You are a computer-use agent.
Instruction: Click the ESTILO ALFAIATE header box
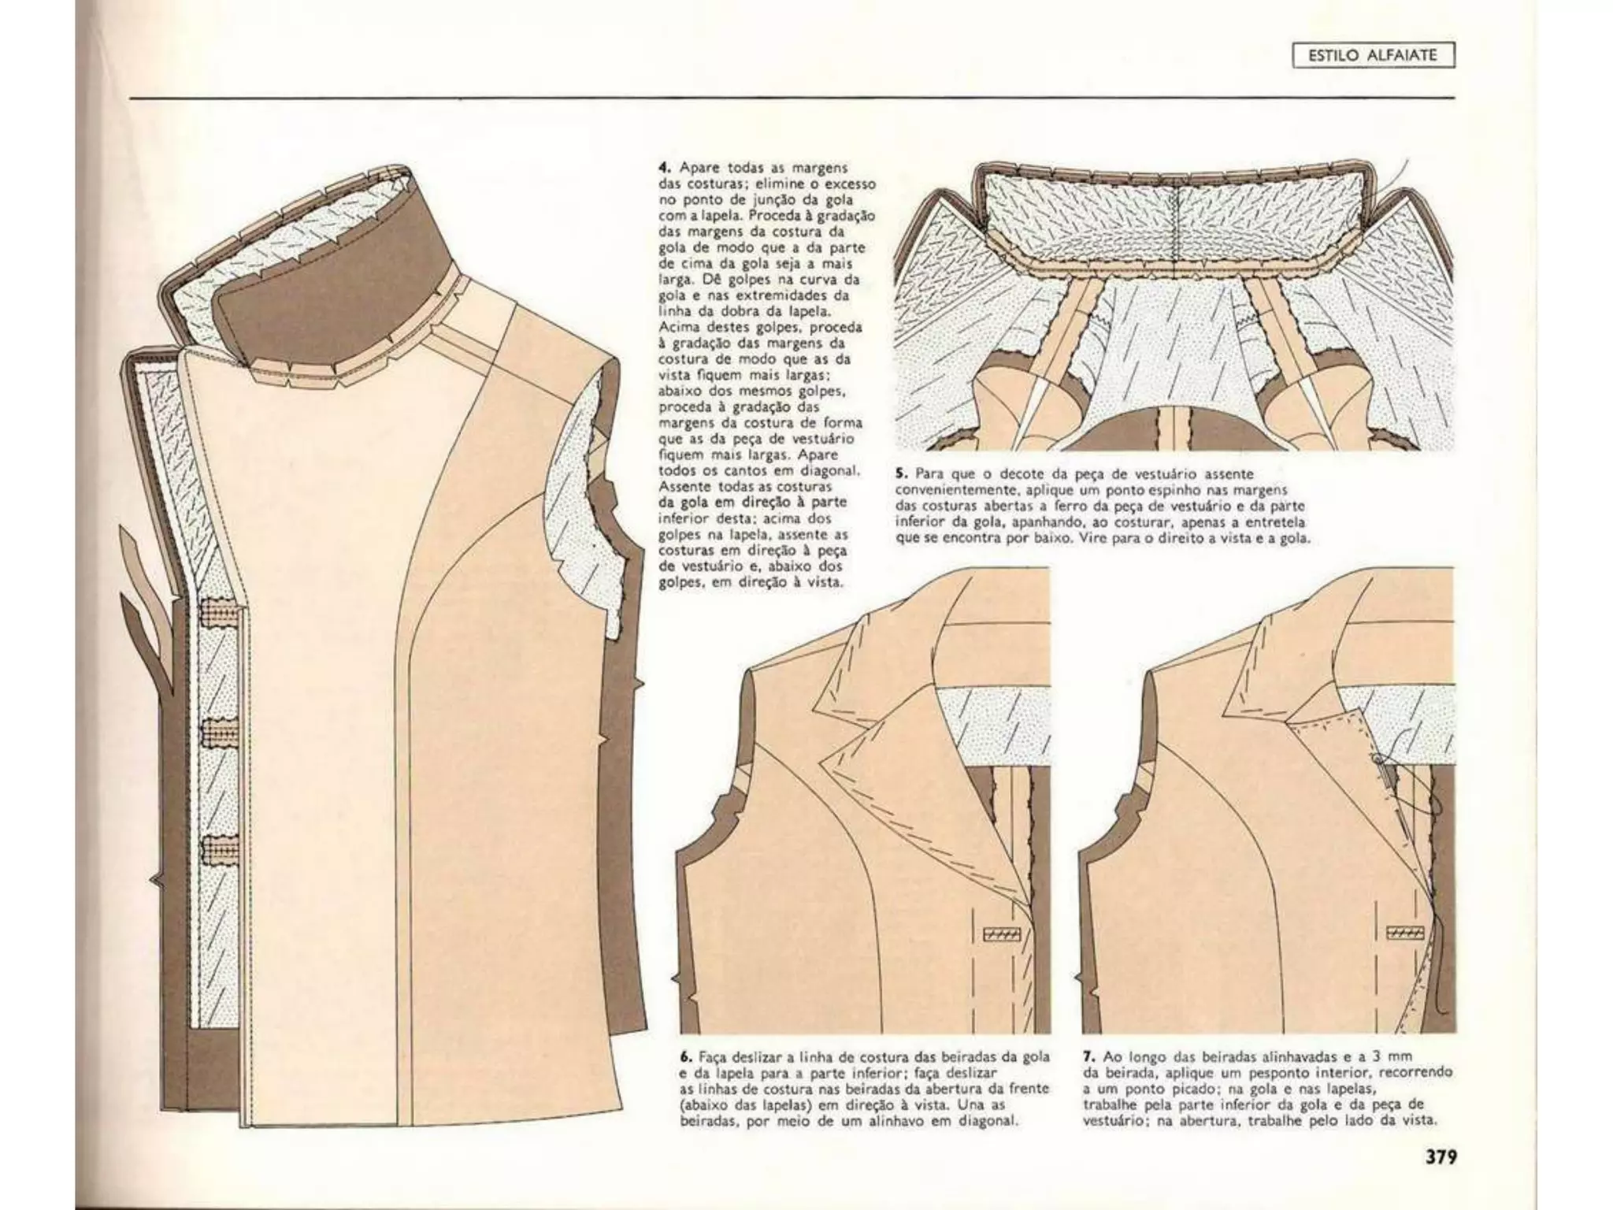1373,55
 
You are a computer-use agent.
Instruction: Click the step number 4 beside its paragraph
664,168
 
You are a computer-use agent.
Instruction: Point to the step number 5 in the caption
900,474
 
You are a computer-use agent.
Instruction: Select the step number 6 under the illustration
684,1057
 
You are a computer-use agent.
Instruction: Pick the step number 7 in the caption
1087,1056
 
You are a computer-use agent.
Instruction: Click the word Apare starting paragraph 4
697,168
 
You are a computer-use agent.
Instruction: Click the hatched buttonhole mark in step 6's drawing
1002,934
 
